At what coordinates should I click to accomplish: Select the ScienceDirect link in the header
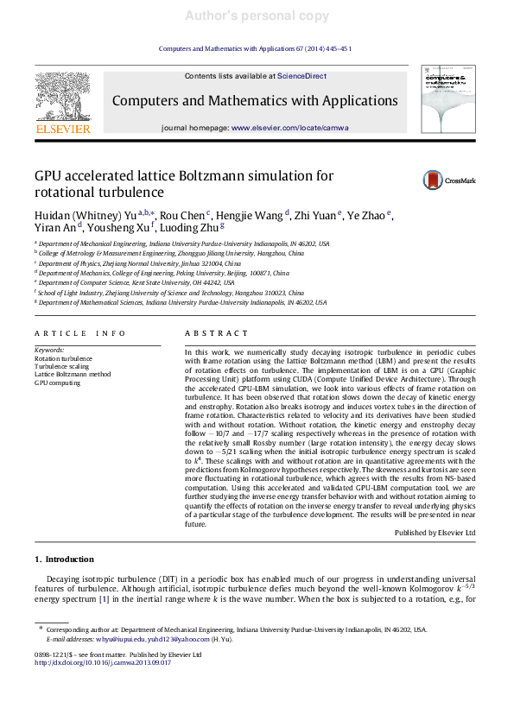click(x=301, y=76)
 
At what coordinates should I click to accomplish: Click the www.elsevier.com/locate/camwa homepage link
click(x=290, y=128)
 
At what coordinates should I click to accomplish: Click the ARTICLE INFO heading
click(x=74, y=333)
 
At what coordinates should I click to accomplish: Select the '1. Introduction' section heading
click(x=64, y=559)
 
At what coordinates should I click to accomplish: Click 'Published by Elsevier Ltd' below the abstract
click(x=435, y=534)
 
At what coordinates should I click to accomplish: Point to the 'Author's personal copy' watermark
click(x=257, y=16)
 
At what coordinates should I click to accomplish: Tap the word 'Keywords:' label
click(x=49, y=350)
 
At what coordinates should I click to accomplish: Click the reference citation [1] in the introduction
click(x=103, y=597)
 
